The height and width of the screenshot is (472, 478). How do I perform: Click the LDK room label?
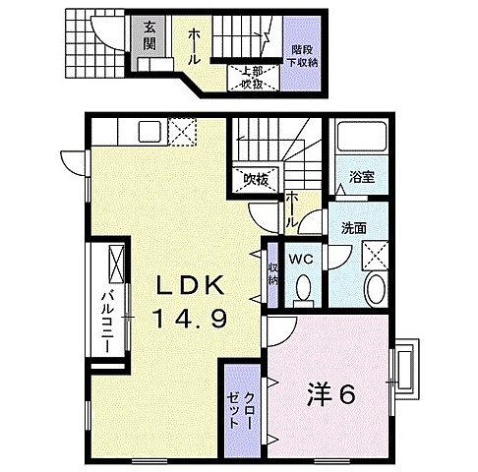pos(194,286)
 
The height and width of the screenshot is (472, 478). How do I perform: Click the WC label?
pos(302,259)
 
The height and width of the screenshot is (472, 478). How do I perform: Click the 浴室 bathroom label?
pos(362,178)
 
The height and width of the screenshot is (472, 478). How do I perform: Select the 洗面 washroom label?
pos(355,228)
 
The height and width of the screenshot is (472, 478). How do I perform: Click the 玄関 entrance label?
pos(150,35)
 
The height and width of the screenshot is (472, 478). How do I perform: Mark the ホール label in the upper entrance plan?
pos(195,38)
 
